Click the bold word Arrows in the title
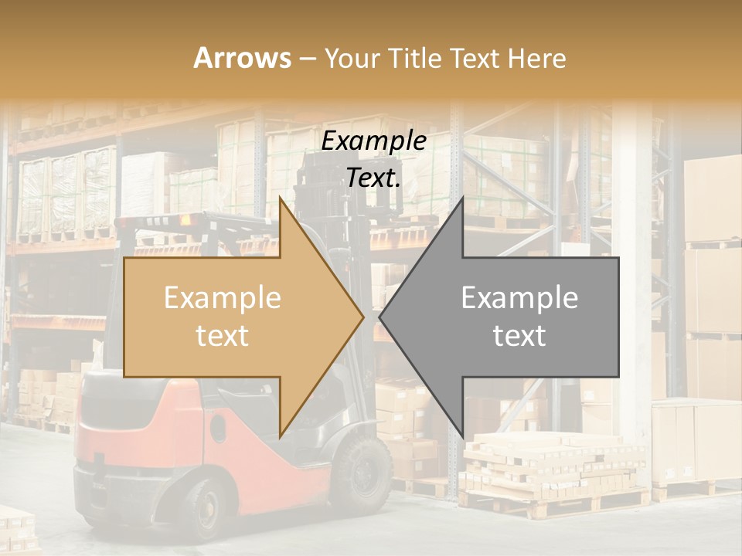pyautogui.click(x=242, y=58)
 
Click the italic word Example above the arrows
pyautogui.click(x=373, y=141)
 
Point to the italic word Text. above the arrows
pyautogui.click(x=373, y=178)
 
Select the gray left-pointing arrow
pyautogui.click(x=510, y=317)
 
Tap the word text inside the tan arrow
pyautogui.click(x=222, y=336)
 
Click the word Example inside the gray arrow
pyautogui.click(x=519, y=298)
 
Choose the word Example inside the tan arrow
pyautogui.click(x=222, y=298)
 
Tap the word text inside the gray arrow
pyautogui.click(x=519, y=336)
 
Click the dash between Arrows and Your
pyautogui.click(x=307, y=58)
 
